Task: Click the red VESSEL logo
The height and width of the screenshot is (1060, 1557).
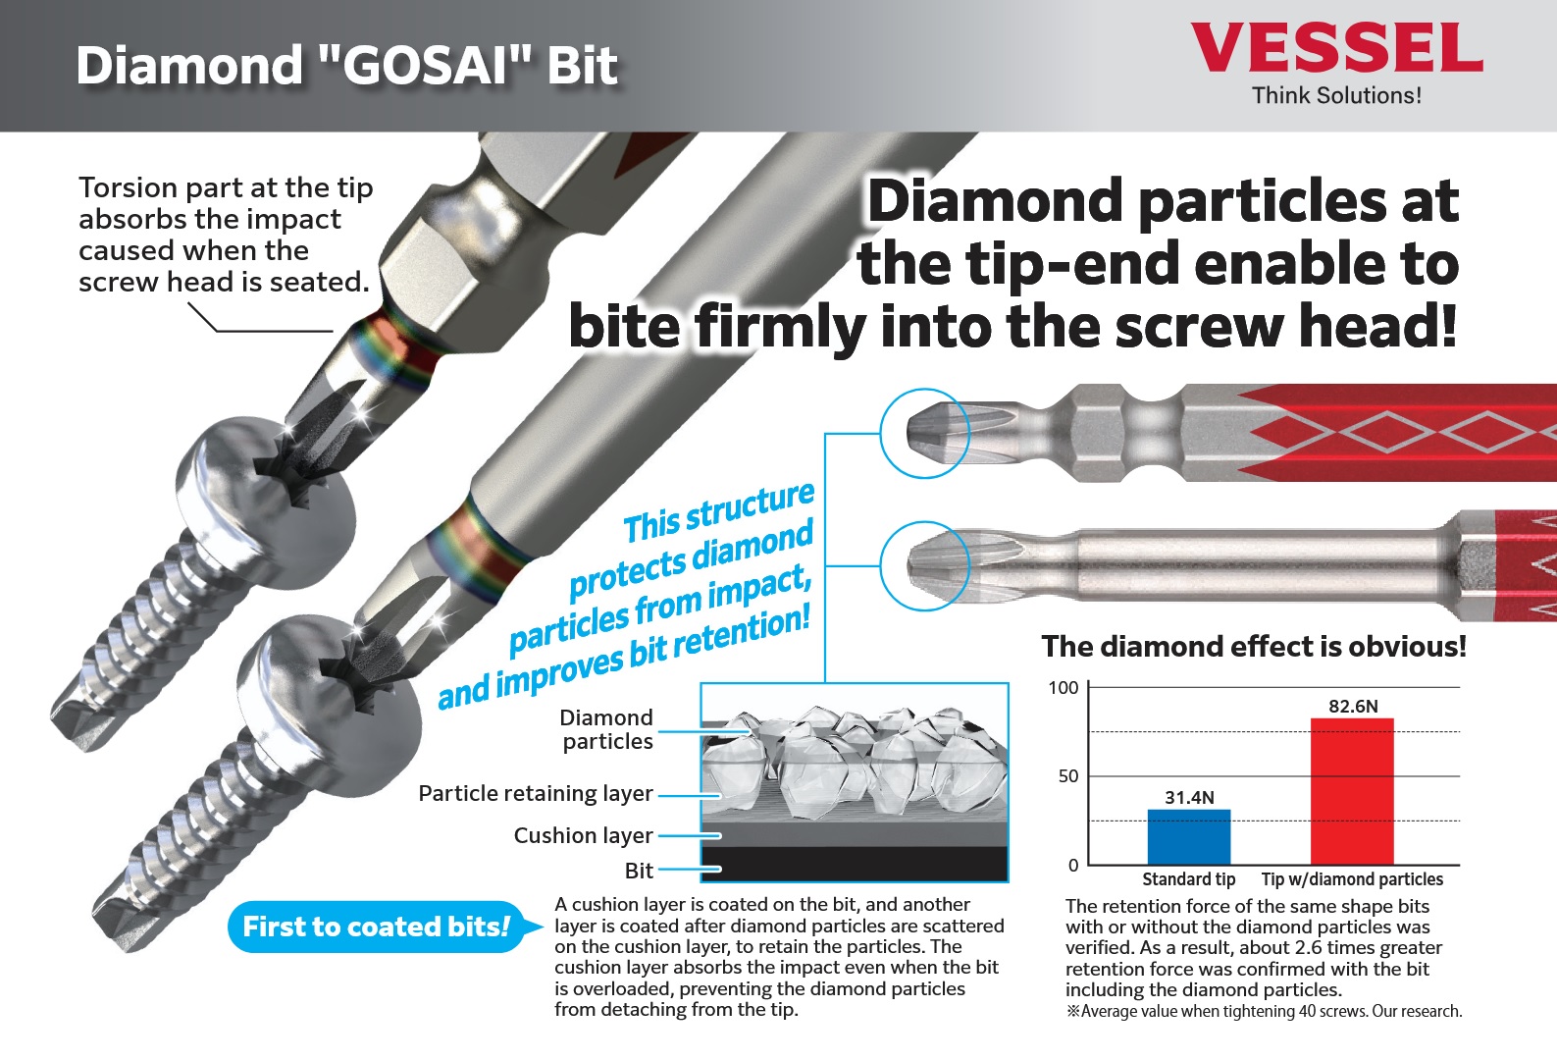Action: (x=1336, y=48)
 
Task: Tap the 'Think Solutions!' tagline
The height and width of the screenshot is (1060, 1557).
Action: (x=1336, y=95)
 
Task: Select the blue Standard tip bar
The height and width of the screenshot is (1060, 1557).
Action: (x=1189, y=837)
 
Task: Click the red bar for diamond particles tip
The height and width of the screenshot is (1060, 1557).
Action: (x=1352, y=791)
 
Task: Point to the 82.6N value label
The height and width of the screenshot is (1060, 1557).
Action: (x=1353, y=707)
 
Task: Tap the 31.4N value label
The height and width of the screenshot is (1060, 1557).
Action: (x=1189, y=798)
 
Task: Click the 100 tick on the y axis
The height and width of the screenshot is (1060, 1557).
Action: (x=1064, y=688)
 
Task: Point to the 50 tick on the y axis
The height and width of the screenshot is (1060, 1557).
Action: (x=1068, y=776)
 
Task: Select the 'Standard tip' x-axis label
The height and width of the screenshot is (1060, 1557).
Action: (x=1189, y=879)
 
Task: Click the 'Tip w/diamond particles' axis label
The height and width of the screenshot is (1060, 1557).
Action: (x=1352, y=879)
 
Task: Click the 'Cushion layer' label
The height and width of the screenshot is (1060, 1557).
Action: (x=583, y=835)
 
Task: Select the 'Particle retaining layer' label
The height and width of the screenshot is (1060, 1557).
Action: (x=536, y=794)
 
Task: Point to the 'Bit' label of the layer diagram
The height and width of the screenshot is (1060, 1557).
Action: (x=639, y=871)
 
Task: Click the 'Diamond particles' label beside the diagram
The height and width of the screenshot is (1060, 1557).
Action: (x=607, y=729)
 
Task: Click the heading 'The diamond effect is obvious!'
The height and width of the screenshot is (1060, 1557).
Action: (x=1254, y=647)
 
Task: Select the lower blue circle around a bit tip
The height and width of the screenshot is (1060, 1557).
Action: (x=924, y=524)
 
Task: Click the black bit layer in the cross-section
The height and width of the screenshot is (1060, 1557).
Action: (x=855, y=863)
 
